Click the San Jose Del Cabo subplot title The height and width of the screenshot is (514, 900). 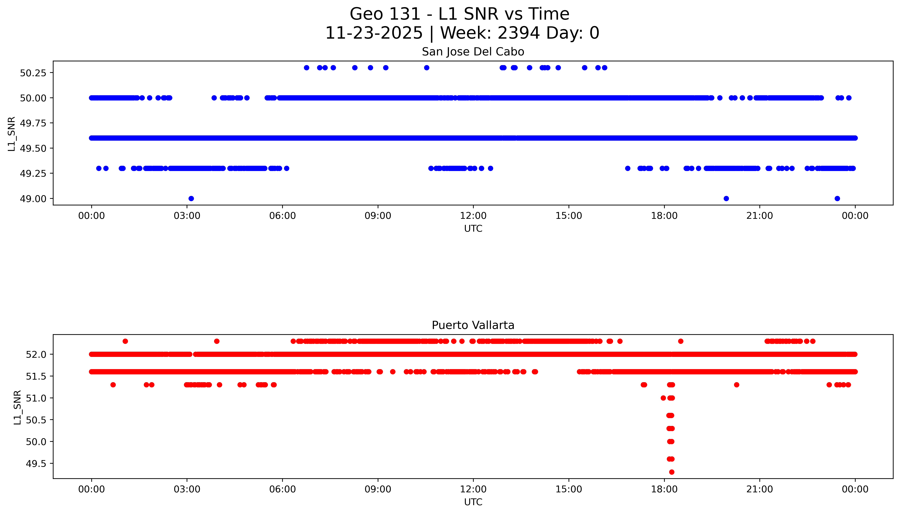point(473,52)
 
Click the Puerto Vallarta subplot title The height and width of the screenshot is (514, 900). point(473,325)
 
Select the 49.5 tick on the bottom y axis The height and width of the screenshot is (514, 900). point(36,463)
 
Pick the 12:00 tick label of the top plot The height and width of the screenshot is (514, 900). point(473,216)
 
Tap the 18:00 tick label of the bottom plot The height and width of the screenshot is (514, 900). point(664,489)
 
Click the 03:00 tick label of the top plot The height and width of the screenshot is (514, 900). point(187,216)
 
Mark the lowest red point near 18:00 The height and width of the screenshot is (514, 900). point(671,472)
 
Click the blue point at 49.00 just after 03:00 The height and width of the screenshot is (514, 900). point(191,198)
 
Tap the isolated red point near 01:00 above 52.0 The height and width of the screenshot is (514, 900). point(125,341)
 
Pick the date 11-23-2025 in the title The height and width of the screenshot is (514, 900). point(374,33)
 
